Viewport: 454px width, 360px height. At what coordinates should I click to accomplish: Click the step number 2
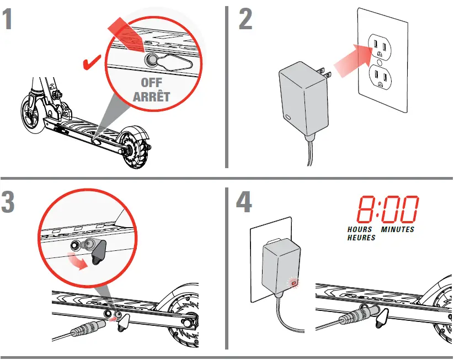click(x=245, y=19)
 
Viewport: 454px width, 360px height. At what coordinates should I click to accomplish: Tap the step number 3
click(x=8, y=203)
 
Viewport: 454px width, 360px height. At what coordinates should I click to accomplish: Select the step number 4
click(x=244, y=203)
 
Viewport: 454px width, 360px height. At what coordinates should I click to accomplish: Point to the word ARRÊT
click(x=151, y=97)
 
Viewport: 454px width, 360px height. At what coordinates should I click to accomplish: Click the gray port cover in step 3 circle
click(x=100, y=254)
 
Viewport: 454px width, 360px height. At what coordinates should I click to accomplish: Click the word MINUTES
click(x=397, y=229)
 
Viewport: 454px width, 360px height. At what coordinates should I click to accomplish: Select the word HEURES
click(x=361, y=238)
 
